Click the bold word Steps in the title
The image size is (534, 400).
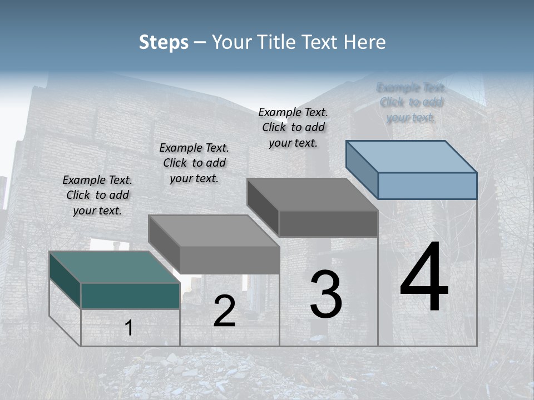164,42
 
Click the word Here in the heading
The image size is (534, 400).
365,42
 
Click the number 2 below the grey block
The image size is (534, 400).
224,311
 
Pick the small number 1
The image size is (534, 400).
129,328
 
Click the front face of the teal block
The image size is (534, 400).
130,296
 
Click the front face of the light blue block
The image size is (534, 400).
427,186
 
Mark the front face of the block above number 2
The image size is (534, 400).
229,260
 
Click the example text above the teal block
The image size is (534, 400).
97,195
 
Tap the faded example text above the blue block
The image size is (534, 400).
411,102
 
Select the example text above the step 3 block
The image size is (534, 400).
293,127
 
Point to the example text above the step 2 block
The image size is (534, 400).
194,163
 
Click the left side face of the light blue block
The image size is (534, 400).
362,169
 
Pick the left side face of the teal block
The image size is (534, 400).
65,280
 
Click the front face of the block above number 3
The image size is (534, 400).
328,223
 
